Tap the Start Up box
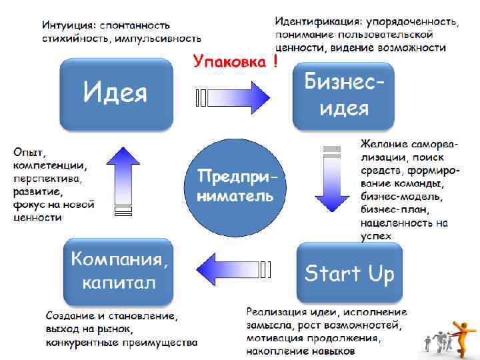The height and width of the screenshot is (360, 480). pyautogui.click(x=349, y=273)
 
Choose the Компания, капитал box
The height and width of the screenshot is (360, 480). pyautogui.click(x=120, y=270)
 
